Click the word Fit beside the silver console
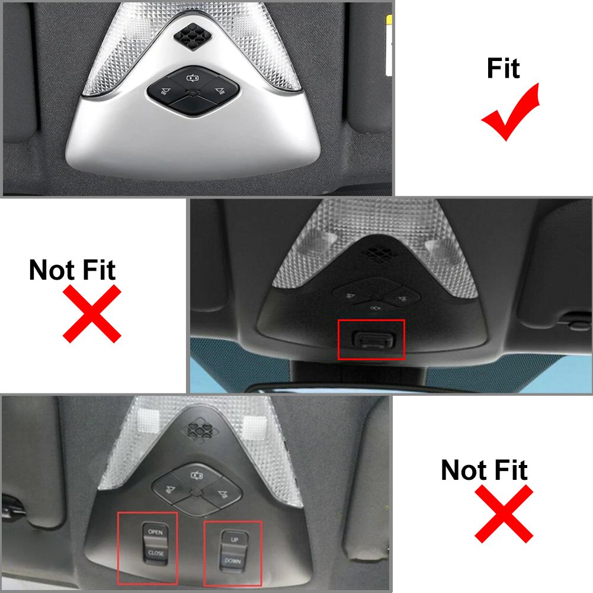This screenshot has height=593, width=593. click(504, 69)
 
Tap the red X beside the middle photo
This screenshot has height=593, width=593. click(92, 314)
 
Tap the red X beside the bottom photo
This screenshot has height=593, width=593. click(504, 514)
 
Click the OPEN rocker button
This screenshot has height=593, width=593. click(155, 532)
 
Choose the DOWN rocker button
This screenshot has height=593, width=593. click(232, 561)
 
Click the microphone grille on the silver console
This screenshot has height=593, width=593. click(193, 36)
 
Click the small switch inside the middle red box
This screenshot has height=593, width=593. click(373, 339)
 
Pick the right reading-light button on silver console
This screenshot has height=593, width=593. click(220, 91)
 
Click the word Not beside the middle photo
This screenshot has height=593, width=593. click(52, 270)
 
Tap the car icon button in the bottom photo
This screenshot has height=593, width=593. click(196, 476)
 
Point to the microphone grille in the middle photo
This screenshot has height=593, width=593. click(377, 254)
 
